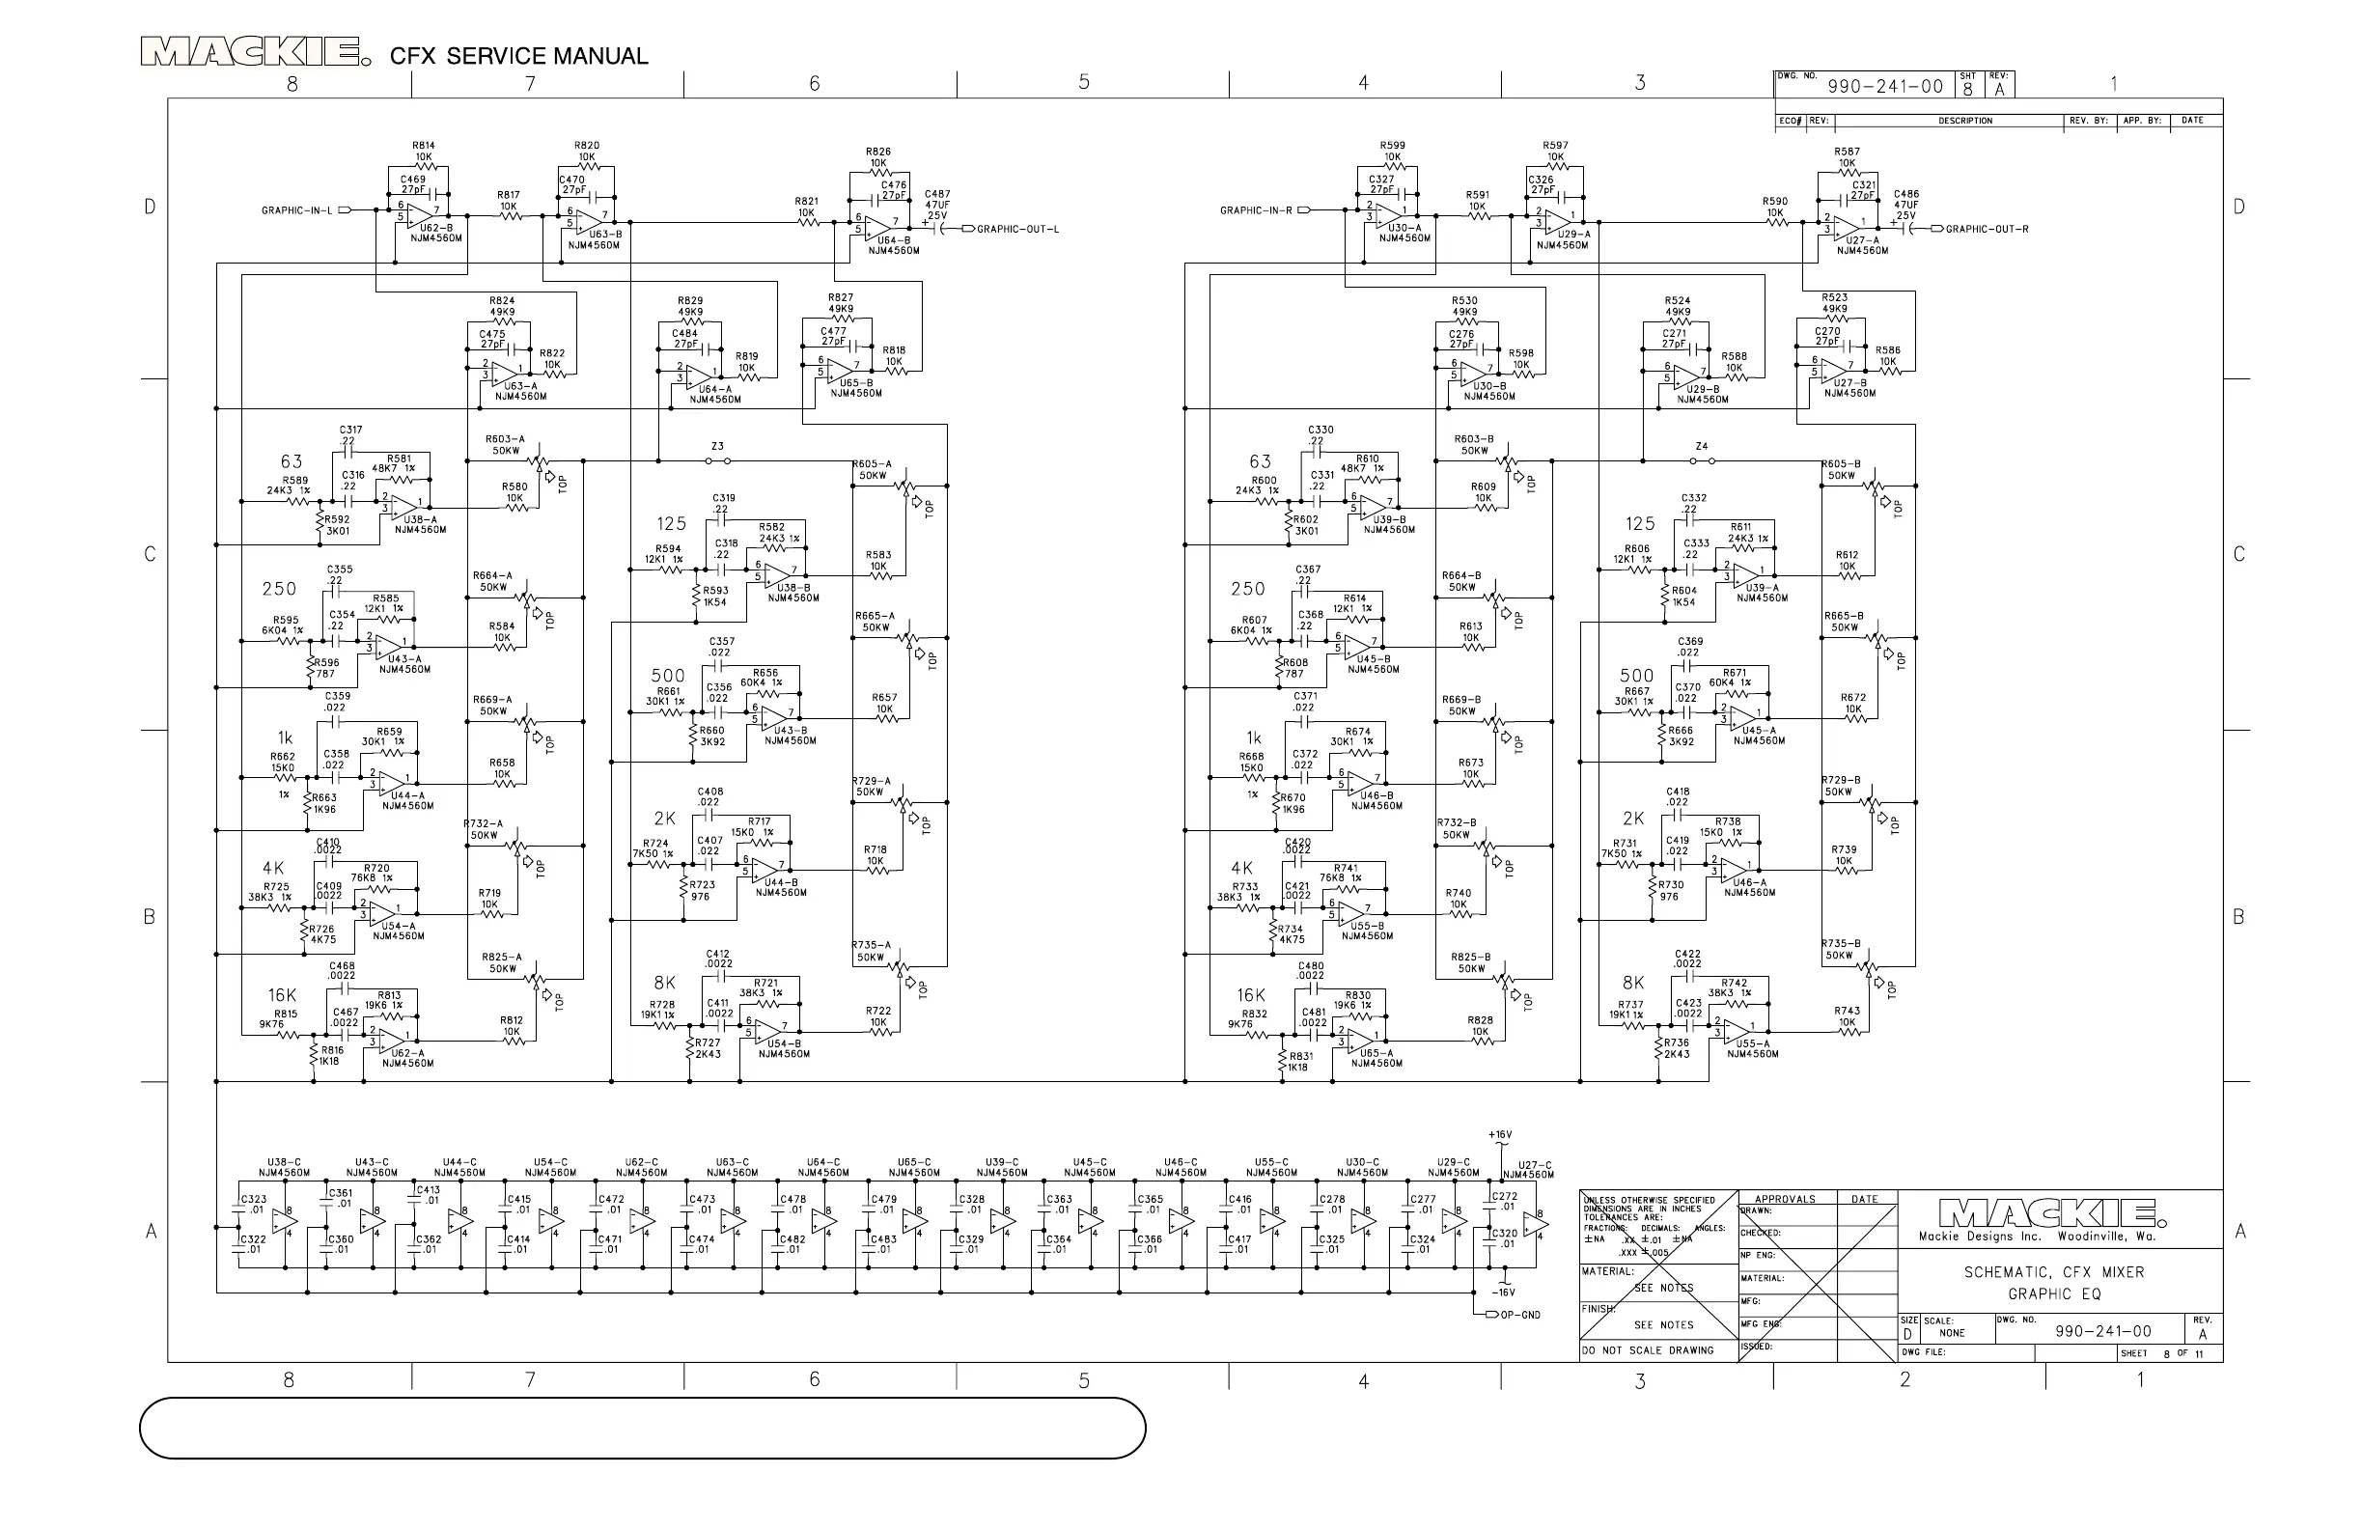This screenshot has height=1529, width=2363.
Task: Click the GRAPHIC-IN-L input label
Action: (x=296, y=210)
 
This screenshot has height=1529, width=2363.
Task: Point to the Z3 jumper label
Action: (x=717, y=447)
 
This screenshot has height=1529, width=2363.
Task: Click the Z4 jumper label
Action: (x=1701, y=447)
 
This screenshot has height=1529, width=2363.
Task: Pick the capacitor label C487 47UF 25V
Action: (x=937, y=205)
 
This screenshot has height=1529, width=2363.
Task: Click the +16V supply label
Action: (x=1499, y=1135)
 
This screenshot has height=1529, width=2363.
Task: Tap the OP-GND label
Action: (x=1520, y=1315)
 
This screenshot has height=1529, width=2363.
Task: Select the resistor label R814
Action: (x=424, y=146)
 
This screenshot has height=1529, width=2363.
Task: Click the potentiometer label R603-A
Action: (x=506, y=439)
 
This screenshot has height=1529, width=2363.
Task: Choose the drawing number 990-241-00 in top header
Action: (x=1884, y=86)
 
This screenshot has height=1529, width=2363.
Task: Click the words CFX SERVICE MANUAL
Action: (x=518, y=56)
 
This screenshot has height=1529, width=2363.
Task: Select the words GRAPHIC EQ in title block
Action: (x=2054, y=1293)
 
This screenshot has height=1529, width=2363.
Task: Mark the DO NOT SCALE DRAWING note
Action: (x=1648, y=1350)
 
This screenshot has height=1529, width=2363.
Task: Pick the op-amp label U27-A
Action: (x=1863, y=240)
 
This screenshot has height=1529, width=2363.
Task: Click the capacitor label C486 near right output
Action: (x=1906, y=195)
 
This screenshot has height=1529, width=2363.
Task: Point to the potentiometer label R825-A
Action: (x=501, y=958)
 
